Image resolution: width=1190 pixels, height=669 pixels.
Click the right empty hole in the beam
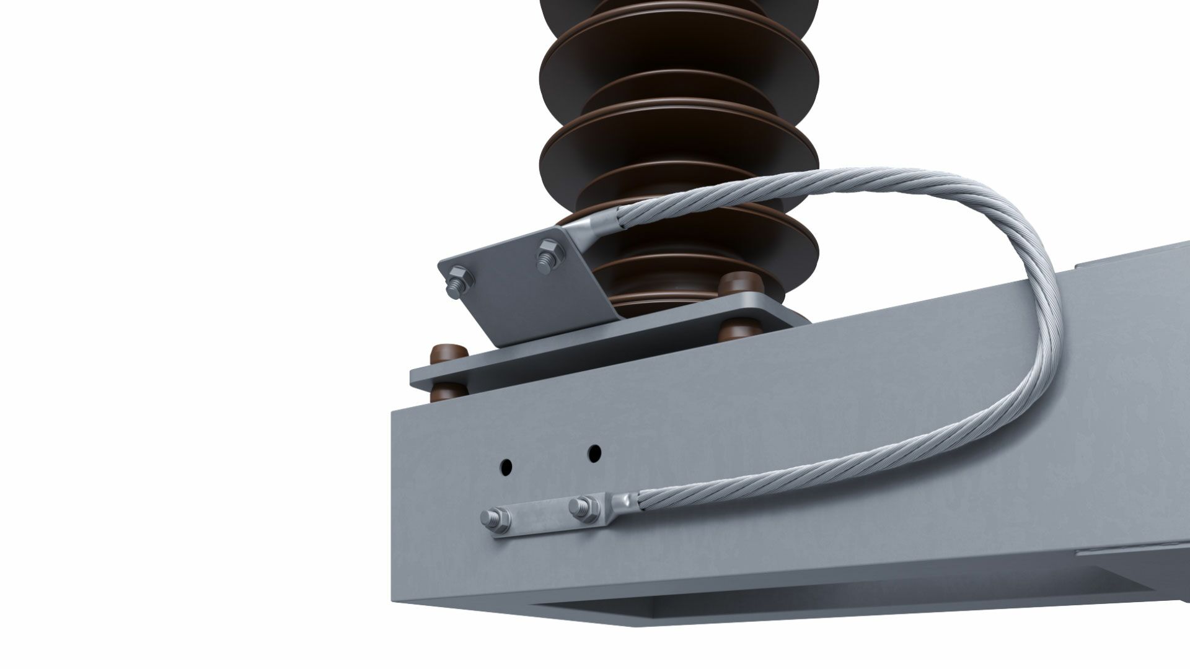(594, 453)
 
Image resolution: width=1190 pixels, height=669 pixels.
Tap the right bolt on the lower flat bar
(583, 507)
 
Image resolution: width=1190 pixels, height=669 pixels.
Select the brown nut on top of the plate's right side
(741, 286)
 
